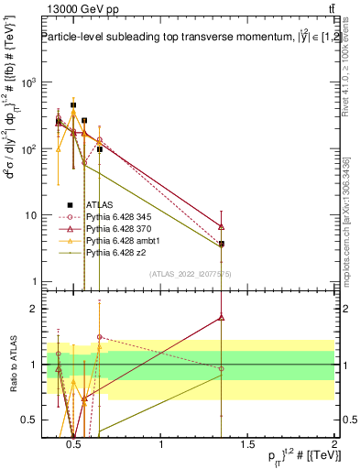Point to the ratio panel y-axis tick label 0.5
[25, 420]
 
